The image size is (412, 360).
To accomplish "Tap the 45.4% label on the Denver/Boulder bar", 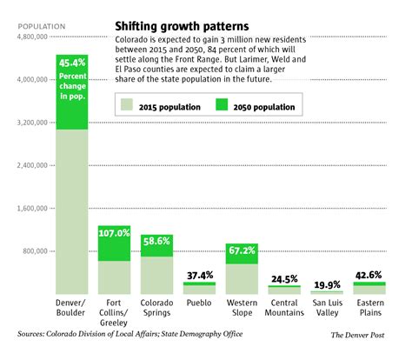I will pyautogui.click(x=72, y=62).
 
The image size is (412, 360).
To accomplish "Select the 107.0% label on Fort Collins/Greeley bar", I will pyautogui.click(x=114, y=233).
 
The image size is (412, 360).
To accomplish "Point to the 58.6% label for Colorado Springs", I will pyautogui.click(x=156, y=240).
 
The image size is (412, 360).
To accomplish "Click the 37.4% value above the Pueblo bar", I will pyautogui.click(x=199, y=276).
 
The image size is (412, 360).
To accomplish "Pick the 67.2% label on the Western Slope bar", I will pyautogui.click(x=242, y=250).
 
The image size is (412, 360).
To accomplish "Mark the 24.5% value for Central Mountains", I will pyautogui.click(x=284, y=279).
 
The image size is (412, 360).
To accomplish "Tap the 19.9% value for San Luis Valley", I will pyautogui.click(x=327, y=283).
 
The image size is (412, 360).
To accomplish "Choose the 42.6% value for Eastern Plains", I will pyautogui.click(x=369, y=276).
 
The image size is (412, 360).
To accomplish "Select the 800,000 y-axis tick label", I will pyautogui.click(x=37, y=251).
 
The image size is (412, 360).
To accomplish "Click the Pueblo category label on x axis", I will pyautogui.click(x=199, y=303).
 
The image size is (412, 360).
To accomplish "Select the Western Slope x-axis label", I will pyautogui.click(x=242, y=309).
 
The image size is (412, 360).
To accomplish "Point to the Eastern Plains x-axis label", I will pyautogui.click(x=369, y=309).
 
